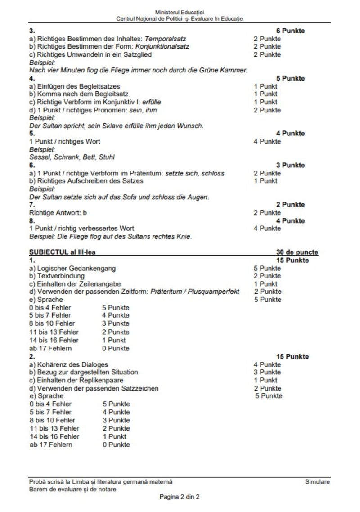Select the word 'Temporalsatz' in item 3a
tap(166, 39)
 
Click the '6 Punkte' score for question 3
tap(290, 31)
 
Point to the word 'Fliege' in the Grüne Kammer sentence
tap(127, 71)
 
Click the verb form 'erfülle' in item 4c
tap(152, 102)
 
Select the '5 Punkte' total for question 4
tap(290, 78)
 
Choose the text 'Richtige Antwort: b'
tap(58, 213)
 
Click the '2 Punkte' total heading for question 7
tap(290, 205)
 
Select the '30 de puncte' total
tap(297, 252)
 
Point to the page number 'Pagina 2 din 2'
tap(180, 497)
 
